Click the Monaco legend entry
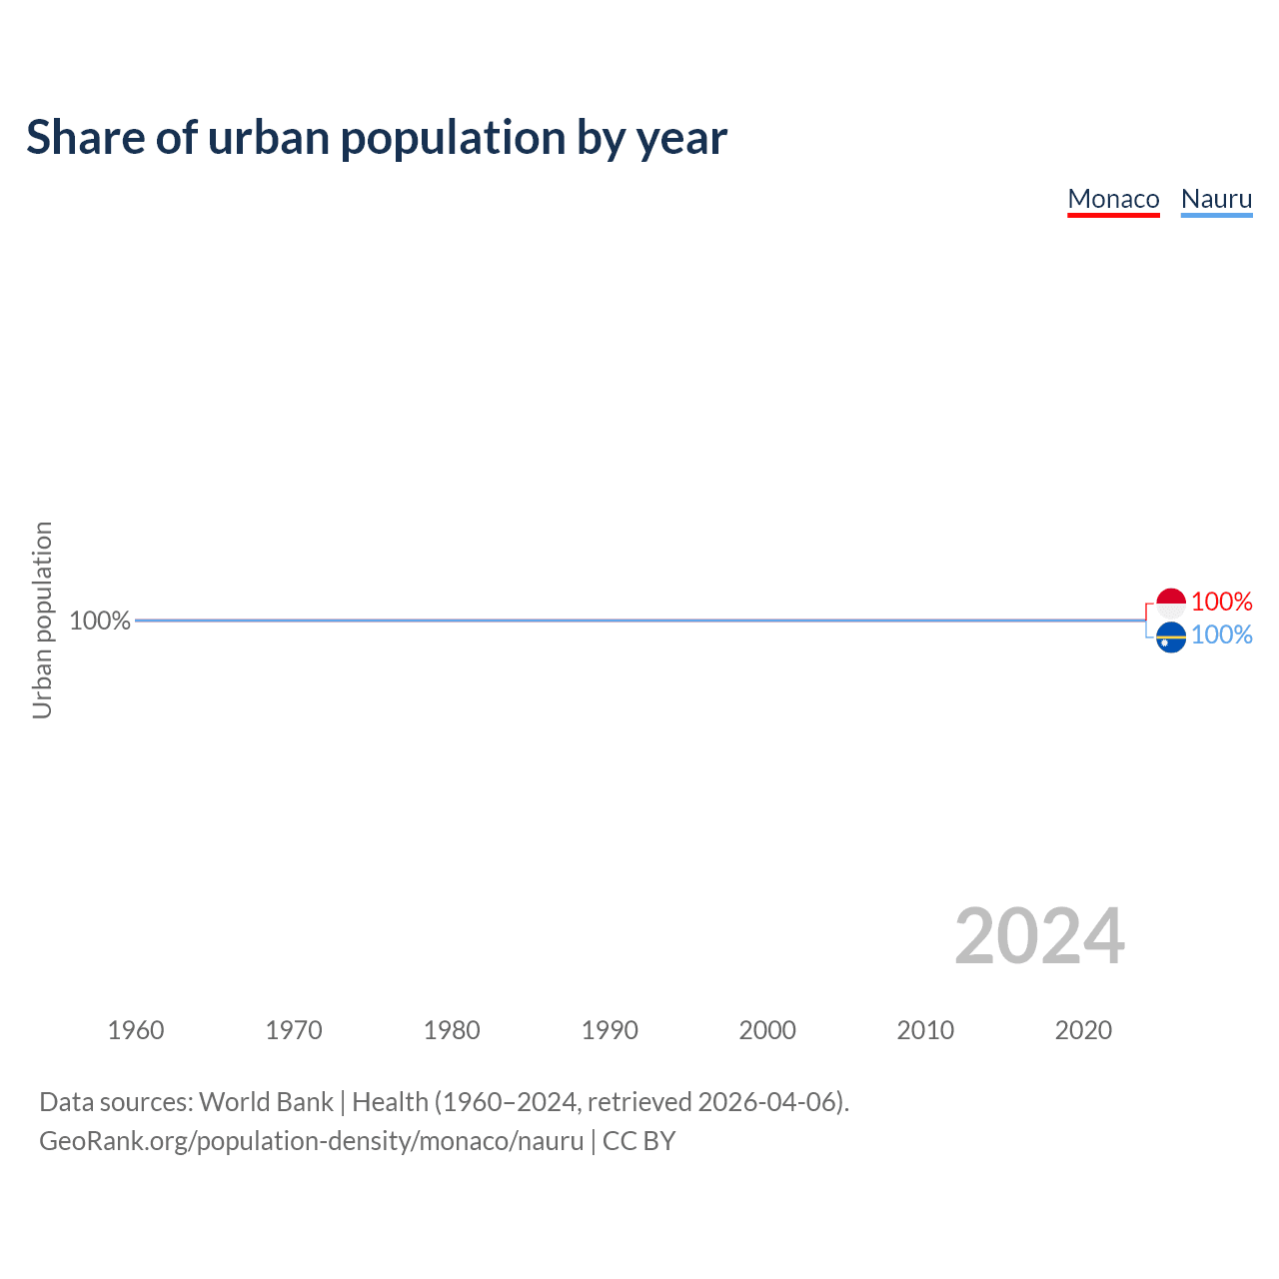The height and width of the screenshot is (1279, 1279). pyautogui.click(x=1113, y=199)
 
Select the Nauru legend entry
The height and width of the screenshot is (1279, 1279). pyautogui.click(x=1216, y=199)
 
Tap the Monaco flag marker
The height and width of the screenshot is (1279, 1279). pyautogui.click(x=1170, y=603)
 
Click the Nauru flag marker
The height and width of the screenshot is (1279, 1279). pyautogui.click(x=1170, y=637)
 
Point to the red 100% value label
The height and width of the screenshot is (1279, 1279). pyautogui.click(x=1221, y=602)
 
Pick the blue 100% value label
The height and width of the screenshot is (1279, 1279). pyautogui.click(x=1221, y=636)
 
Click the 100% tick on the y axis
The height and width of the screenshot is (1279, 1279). pyautogui.click(x=100, y=621)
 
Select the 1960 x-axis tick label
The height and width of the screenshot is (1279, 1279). pyautogui.click(x=136, y=1030)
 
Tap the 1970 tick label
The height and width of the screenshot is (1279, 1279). pyautogui.click(x=294, y=1030)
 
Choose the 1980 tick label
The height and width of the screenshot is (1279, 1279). pyautogui.click(x=452, y=1030)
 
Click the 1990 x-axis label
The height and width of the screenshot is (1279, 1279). pyautogui.click(x=610, y=1030)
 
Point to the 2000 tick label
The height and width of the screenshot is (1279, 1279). pyautogui.click(x=767, y=1030)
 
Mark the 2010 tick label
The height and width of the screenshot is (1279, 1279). pyautogui.click(x=925, y=1030)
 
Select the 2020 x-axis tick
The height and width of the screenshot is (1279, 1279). pyautogui.click(x=1083, y=1030)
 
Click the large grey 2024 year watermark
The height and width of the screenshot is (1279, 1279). pyautogui.click(x=1039, y=936)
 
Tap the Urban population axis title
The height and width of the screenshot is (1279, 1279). pyautogui.click(x=42, y=620)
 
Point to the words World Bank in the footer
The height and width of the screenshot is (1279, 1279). pyautogui.click(x=266, y=1102)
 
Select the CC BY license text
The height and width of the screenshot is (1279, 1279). pyautogui.click(x=639, y=1141)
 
